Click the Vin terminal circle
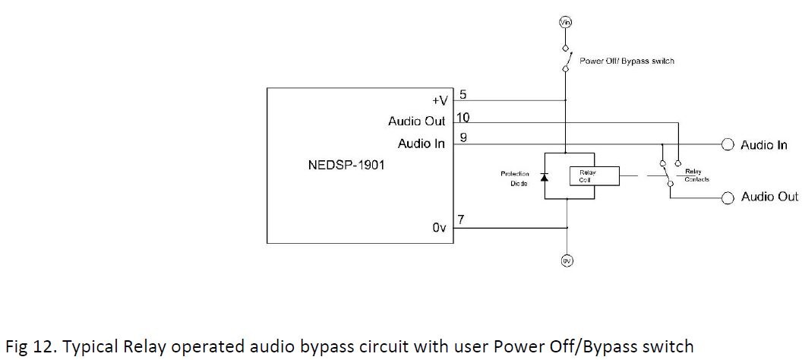tap(565, 23)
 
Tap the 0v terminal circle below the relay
tap(566, 261)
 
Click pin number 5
tap(463, 95)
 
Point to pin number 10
tap(463, 117)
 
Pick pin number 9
tap(463, 138)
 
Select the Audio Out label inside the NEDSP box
tap(416, 122)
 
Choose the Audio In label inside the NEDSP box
tap(421, 144)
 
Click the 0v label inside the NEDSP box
tap(439, 227)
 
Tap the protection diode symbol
tap(544, 177)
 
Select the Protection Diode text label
tap(514, 178)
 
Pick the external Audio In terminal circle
tap(727, 144)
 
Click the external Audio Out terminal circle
tap(727, 197)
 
